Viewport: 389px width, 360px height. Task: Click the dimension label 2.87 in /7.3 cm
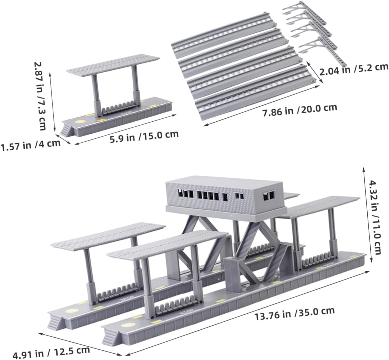tap(40, 96)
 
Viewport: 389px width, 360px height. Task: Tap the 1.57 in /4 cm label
tap(30, 145)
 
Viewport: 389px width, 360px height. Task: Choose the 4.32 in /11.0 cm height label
tap(375, 217)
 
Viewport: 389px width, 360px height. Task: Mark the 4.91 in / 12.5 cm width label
tap(51, 351)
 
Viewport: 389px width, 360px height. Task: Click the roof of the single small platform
tap(113, 66)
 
